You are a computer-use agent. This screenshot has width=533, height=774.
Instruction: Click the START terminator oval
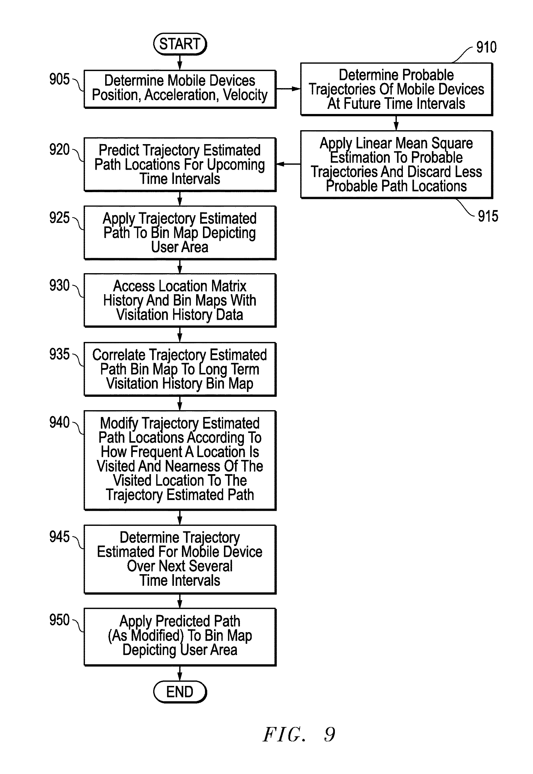coord(180,44)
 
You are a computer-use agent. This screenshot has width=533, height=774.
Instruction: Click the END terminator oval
coord(180,692)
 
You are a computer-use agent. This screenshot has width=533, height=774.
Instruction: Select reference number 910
coord(486,47)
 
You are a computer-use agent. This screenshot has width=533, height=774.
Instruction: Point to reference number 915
coord(488,216)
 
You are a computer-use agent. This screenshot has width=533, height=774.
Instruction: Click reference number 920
coord(59,150)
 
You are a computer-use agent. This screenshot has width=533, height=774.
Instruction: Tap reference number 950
coord(59,620)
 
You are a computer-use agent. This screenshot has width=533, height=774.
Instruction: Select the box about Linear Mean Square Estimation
coord(397,165)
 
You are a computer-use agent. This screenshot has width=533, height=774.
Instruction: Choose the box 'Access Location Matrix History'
coord(180,300)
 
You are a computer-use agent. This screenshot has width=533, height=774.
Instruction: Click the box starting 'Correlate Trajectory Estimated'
coord(180,369)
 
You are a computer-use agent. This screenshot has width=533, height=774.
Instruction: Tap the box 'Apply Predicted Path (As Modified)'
coord(180,637)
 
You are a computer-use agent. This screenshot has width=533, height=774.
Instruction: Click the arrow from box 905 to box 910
coord(289,89)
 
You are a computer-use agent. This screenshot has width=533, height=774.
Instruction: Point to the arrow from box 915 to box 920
coord(289,164)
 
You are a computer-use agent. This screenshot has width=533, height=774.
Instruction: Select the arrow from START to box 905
coord(180,63)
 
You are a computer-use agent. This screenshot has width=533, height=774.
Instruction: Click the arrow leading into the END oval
coord(180,673)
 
